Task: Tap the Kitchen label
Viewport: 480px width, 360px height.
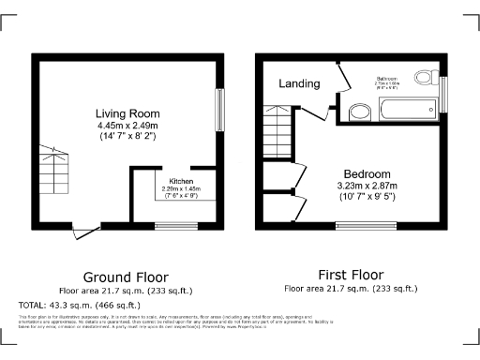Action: pyautogui.click(x=181, y=180)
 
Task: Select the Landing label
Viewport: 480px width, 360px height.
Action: pyautogui.click(x=298, y=84)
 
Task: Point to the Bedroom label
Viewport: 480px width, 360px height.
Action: pyautogui.click(x=367, y=174)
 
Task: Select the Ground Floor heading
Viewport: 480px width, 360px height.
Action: pyautogui.click(x=126, y=277)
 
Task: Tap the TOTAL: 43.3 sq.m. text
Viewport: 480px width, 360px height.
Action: pyautogui.click(x=80, y=305)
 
